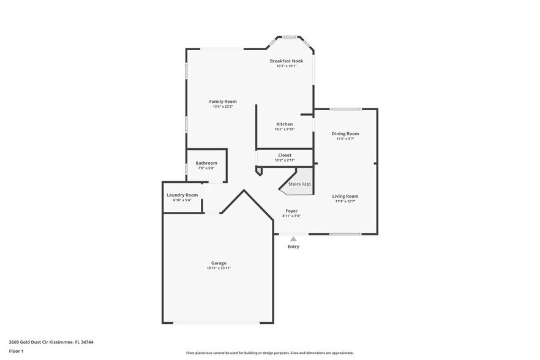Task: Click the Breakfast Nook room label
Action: (x=287, y=61)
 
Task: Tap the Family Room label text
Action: (x=223, y=102)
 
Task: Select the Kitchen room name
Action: (x=285, y=124)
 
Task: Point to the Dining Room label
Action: (x=345, y=133)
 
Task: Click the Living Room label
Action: (x=345, y=196)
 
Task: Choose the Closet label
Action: (x=285, y=156)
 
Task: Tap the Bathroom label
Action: (x=206, y=163)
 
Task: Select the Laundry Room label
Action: (x=182, y=195)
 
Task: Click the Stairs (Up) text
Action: (x=299, y=184)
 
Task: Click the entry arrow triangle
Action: (x=293, y=239)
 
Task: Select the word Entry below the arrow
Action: (x=293, y=247)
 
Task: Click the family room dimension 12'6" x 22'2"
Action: (x=223, y=107)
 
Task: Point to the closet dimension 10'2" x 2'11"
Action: (x=285, y=160)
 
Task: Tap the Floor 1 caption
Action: (x=17, y=351)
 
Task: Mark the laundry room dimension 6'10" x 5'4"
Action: (x=182, y=200)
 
